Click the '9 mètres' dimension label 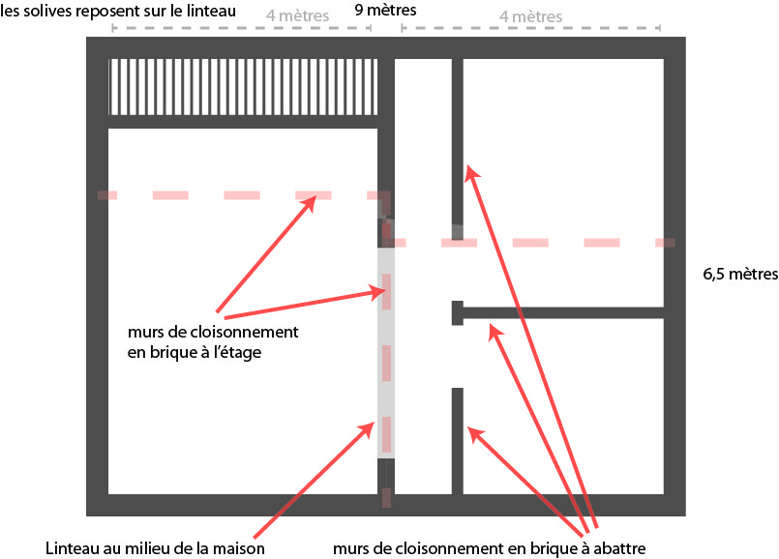click(385, 10)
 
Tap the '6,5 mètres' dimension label click(740, 274)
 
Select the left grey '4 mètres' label click(297, 15)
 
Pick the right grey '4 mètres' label click(530, 16)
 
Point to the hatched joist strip click(243, 87)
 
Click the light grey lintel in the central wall click(386, 352)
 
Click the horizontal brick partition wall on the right click(558, 312)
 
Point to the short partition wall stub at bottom click(457, 441)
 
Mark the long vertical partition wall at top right click(457, 149)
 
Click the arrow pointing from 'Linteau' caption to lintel click(314, 480)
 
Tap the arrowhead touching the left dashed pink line click(309, 203)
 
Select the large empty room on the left click(243, 311)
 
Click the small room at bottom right click(563, 406)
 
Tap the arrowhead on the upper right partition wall click(472, 174)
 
